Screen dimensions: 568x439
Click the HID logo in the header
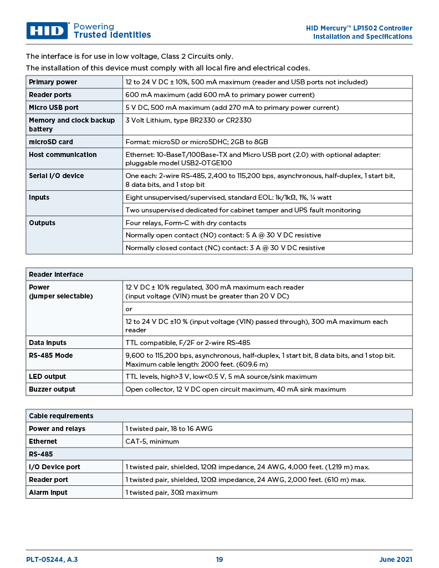click(x=47, y=31)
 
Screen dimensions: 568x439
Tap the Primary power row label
click(x=53, y=82)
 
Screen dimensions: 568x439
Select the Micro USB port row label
click(x=54, y=108)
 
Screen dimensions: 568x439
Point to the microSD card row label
click(x=51, y=142)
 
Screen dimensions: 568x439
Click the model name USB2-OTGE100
click(x=207, y=163)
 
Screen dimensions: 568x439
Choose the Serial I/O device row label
click(x=57, y=176)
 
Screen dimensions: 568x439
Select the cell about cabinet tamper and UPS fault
click(x=243, y=210)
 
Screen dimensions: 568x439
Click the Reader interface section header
click(x=56, y=275)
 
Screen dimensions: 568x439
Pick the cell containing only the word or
click(x=129, y=309)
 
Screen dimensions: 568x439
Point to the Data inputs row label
click(x=48, y=343)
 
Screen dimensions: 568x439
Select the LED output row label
click(x=48, y=377)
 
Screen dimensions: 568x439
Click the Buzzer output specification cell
click(x=236, y=389)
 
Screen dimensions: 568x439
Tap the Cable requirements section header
click(x=61, y=416)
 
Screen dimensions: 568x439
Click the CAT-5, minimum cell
click(x=152, y=442)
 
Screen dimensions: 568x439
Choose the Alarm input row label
click(x=48, y=493)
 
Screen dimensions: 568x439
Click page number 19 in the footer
click(x=219, y=560)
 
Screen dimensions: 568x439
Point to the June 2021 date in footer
click(x=395, y=560)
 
